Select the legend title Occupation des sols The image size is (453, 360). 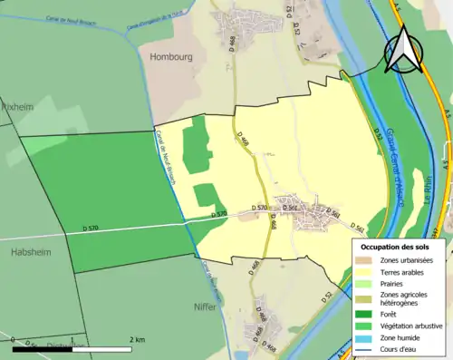pyautogui.click(x=396, y=247)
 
